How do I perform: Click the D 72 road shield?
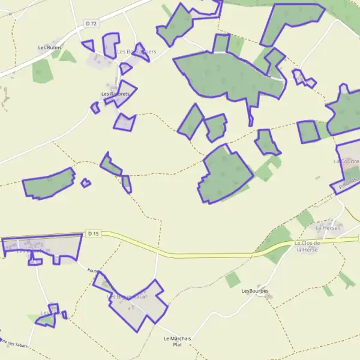91,23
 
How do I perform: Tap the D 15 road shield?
92,233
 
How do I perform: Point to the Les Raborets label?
115,94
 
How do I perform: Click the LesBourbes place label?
254,291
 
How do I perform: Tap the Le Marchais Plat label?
177,341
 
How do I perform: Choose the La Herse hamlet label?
328,228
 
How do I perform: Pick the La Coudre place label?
346,162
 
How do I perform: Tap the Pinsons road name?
348,182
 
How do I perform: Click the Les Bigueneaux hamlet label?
127,297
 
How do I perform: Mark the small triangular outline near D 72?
88,45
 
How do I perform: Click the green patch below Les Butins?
41,70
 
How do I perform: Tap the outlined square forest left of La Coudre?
308,132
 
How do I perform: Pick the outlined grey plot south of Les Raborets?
125,122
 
